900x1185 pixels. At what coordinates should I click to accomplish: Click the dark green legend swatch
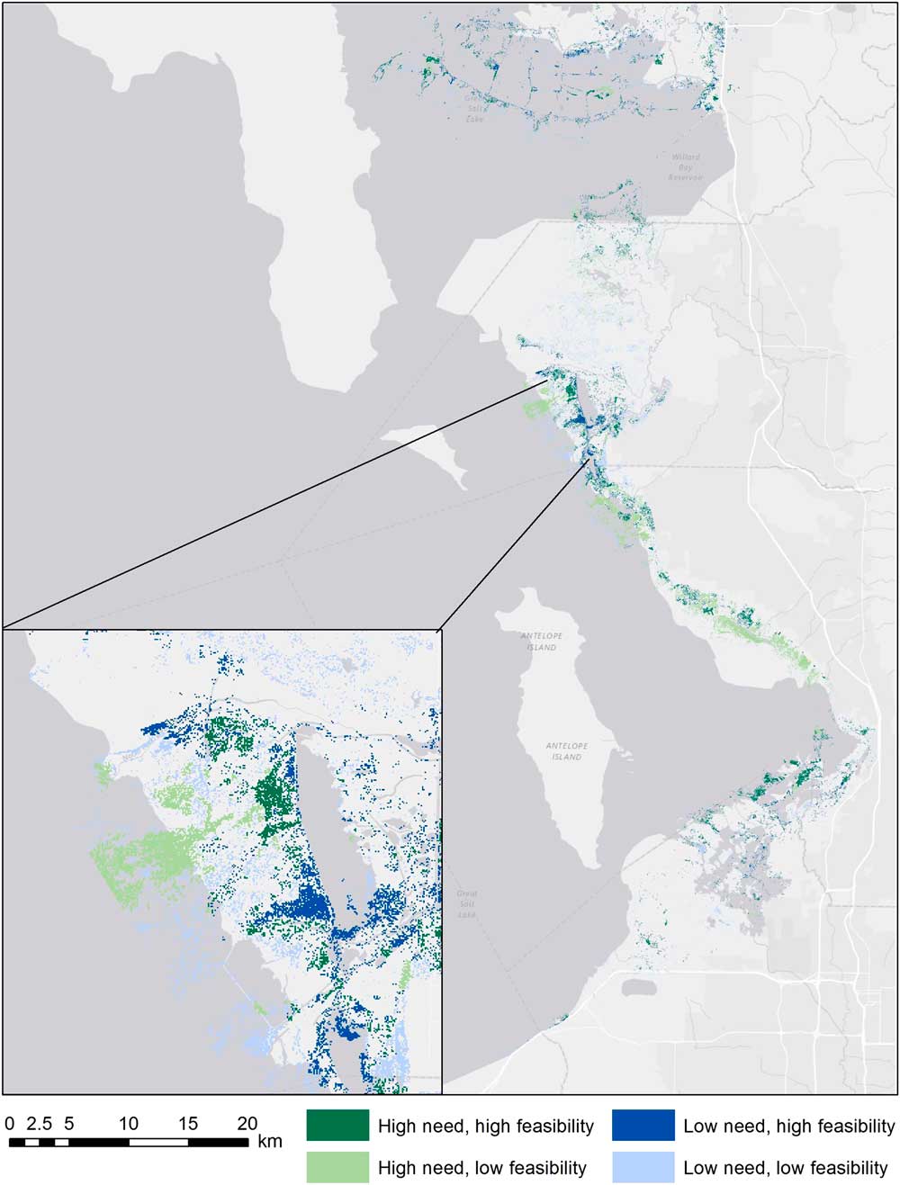(x=337, y=1125)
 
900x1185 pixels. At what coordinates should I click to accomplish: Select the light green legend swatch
(x=337, y=1167)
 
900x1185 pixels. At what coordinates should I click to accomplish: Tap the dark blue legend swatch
(x=643, y=1125)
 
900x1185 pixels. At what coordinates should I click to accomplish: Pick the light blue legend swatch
(x=643, y=1167)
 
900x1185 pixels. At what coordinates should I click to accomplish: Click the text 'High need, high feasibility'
(x=486, y=1126)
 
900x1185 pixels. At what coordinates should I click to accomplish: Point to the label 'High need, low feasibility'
(x=482, y=1168)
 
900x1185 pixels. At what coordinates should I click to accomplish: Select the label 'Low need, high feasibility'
(x=789, y=1126)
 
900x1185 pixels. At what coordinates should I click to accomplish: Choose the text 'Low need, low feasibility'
(x=786, y=1168)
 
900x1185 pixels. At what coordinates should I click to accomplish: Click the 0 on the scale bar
(x=9, y=1123)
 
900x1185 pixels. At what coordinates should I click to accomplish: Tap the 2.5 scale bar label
(x=39, y=1123)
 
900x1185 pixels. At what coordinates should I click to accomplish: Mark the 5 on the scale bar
(x=68, y=1123)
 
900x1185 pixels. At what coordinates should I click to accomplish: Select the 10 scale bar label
(x=128, y=1123)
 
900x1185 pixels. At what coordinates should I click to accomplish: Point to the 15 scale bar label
(x=187, y=1123)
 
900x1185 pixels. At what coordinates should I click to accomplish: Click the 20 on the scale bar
(x=247, y=1123)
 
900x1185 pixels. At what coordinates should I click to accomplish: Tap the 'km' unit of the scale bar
(x=269, y=1141)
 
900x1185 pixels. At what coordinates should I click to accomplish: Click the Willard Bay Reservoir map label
(x=685, y=166)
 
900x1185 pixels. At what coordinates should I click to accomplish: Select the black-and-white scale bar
(x=129, y=1142)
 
